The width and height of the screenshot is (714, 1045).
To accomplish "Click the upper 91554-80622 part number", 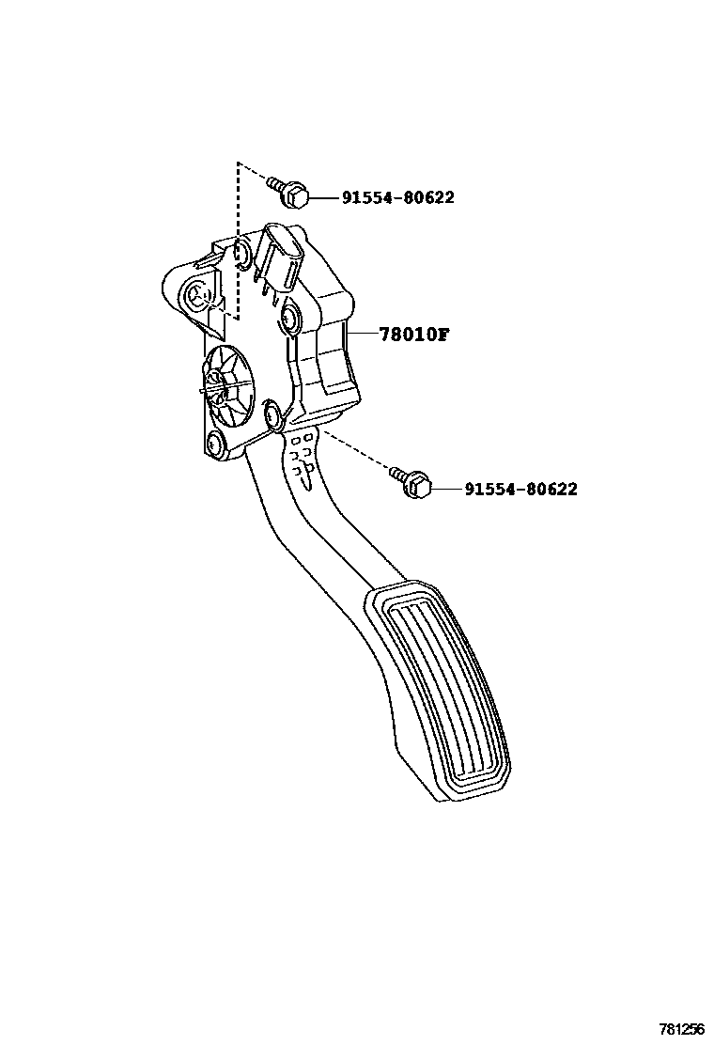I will coord(397,197).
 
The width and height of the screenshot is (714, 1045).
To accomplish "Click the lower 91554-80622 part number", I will coord(520,489).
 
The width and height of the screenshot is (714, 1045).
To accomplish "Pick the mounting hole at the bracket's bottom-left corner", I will coord(217,443).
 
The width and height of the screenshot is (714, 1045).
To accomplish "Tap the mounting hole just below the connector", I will coord(287,321).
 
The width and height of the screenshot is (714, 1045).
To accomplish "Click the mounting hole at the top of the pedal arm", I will coord(274,414).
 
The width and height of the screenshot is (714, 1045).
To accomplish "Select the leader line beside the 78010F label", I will coord(362,334).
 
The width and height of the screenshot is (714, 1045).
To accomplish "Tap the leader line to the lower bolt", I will coord(445,489).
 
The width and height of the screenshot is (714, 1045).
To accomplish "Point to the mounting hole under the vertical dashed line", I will coord(240,252).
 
